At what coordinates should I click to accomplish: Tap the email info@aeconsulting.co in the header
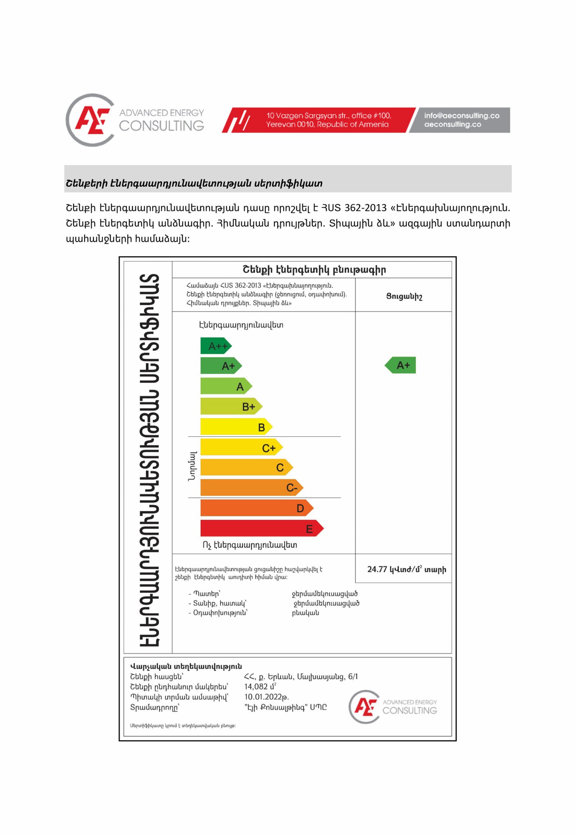pos(462,116)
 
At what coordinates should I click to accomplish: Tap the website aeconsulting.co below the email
pos(453,125)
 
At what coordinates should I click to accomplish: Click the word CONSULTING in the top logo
pos(161,126)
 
